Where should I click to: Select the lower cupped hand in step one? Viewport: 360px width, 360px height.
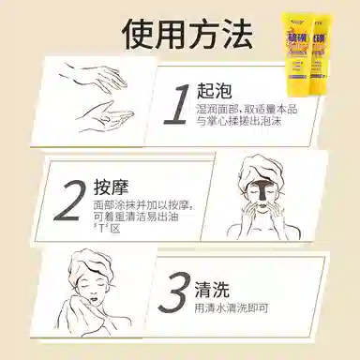point(108,116)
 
